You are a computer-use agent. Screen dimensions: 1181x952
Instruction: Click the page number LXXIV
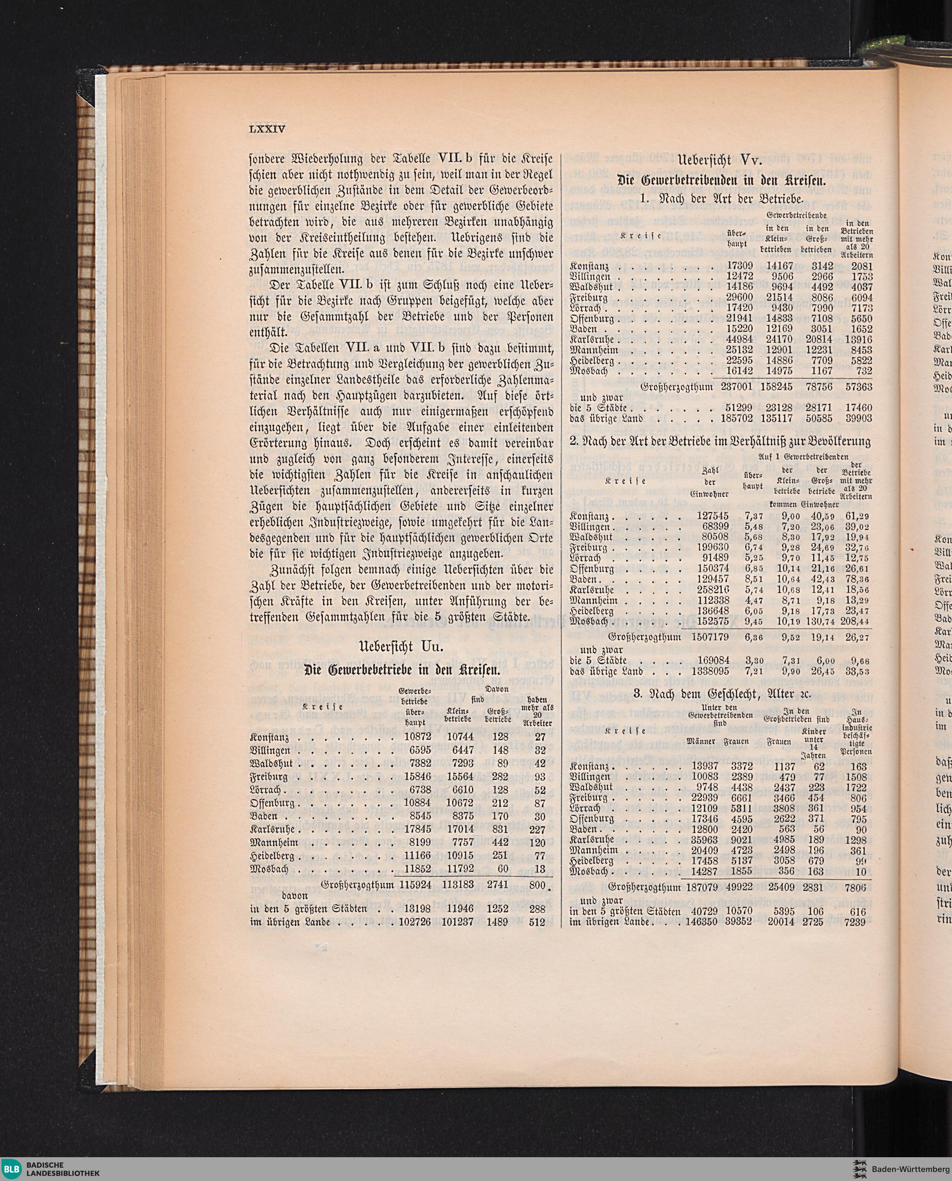[x=268, y=129]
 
